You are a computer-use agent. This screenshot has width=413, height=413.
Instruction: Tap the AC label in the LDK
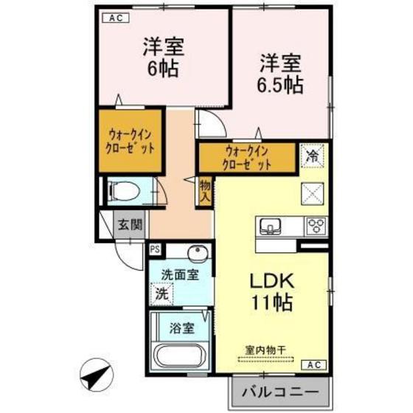314,364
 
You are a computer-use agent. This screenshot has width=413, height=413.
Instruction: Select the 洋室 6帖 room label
163,59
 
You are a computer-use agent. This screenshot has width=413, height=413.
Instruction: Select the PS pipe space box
156,249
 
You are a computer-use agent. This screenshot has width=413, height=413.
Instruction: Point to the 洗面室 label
181,274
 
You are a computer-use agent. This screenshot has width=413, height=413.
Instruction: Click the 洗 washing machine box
160,293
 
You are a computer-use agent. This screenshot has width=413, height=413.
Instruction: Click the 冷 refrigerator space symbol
313,156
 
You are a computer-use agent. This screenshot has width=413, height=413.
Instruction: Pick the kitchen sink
270,225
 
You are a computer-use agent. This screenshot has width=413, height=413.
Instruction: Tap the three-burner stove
316,225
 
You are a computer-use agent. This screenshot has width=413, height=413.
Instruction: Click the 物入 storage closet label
205,192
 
